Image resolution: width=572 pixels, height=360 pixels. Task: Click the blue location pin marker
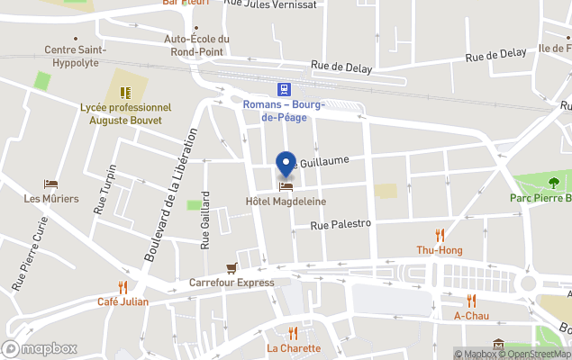286,165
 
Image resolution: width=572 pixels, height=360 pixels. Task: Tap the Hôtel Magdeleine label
286,202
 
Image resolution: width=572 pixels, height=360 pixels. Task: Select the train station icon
284,88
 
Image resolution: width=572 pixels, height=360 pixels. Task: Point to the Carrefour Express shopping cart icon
232,267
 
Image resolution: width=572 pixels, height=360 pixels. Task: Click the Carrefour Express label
232,283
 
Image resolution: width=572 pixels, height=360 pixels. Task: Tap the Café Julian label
123,301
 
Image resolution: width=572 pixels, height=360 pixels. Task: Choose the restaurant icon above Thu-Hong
440,234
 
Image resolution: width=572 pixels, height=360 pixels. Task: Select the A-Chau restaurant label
471,316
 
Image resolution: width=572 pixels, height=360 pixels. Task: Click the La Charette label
293,348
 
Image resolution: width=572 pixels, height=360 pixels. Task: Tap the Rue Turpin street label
104,189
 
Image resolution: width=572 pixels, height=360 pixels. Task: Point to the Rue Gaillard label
205,220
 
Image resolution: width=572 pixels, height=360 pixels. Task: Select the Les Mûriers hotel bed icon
51,184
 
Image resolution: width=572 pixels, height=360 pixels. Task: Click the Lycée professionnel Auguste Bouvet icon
125,93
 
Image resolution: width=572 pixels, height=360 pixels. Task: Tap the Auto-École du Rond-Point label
197,44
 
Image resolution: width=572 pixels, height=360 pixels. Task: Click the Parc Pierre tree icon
553,184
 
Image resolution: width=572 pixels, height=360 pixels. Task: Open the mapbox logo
40,348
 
